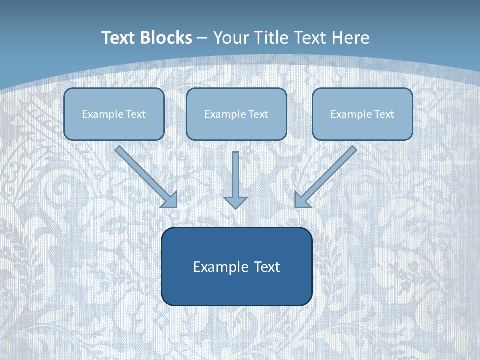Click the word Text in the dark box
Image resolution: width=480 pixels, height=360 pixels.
pos(267,267)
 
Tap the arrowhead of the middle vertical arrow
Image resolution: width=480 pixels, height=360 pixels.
pos(236,202)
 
